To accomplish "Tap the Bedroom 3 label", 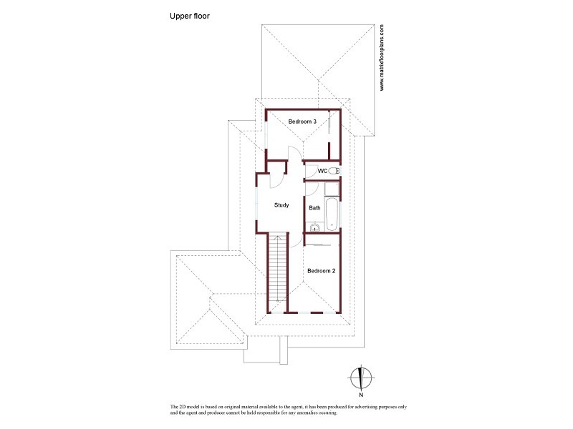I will pos(302,122).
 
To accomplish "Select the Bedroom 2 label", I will pos(321,271).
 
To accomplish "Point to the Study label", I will pos(281,205).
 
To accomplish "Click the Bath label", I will pos(314,208).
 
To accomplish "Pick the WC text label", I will pos(322,171).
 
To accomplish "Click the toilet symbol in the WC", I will pos(333,171).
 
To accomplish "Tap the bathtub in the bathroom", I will pos(332,214).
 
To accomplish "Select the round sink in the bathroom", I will pos(313,228).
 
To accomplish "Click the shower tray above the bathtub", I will pos(331,189).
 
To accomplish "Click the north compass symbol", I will pos(362,376).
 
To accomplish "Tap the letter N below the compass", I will pos(362,394).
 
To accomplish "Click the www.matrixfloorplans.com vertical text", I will pos(382,58).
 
